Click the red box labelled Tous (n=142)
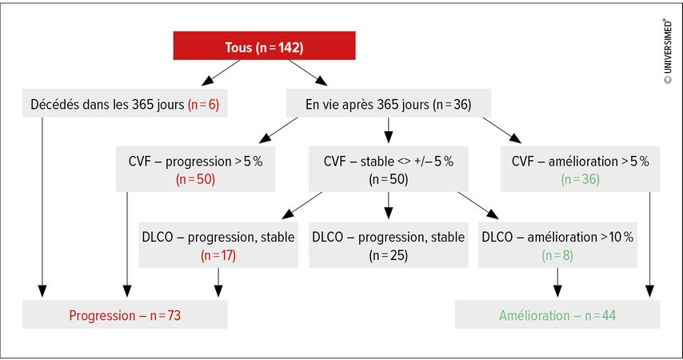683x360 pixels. [265, 46]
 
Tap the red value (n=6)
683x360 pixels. [203, 105]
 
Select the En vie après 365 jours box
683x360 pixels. [388, 103]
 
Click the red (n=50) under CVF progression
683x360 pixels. [196, 179]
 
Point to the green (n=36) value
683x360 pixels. [580, 179]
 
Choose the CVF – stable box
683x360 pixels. [388, 169]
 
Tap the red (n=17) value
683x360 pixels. [218, 255]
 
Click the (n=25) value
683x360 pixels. [388, 255]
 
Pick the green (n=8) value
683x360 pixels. [557, 255]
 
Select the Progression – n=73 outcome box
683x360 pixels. [125, 314]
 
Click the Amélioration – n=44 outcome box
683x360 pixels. [557, 314]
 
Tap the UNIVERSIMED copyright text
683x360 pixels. [668, 51]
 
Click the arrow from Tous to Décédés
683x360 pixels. [221, 72]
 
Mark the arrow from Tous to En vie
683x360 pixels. [308, 72]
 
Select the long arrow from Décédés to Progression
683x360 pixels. [42, 207]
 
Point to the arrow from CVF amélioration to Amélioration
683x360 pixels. [649, 245]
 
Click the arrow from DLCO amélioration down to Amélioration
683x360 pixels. [557, 282]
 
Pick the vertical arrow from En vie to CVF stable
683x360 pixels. [388, 130]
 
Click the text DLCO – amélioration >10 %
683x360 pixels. [557, 237]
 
